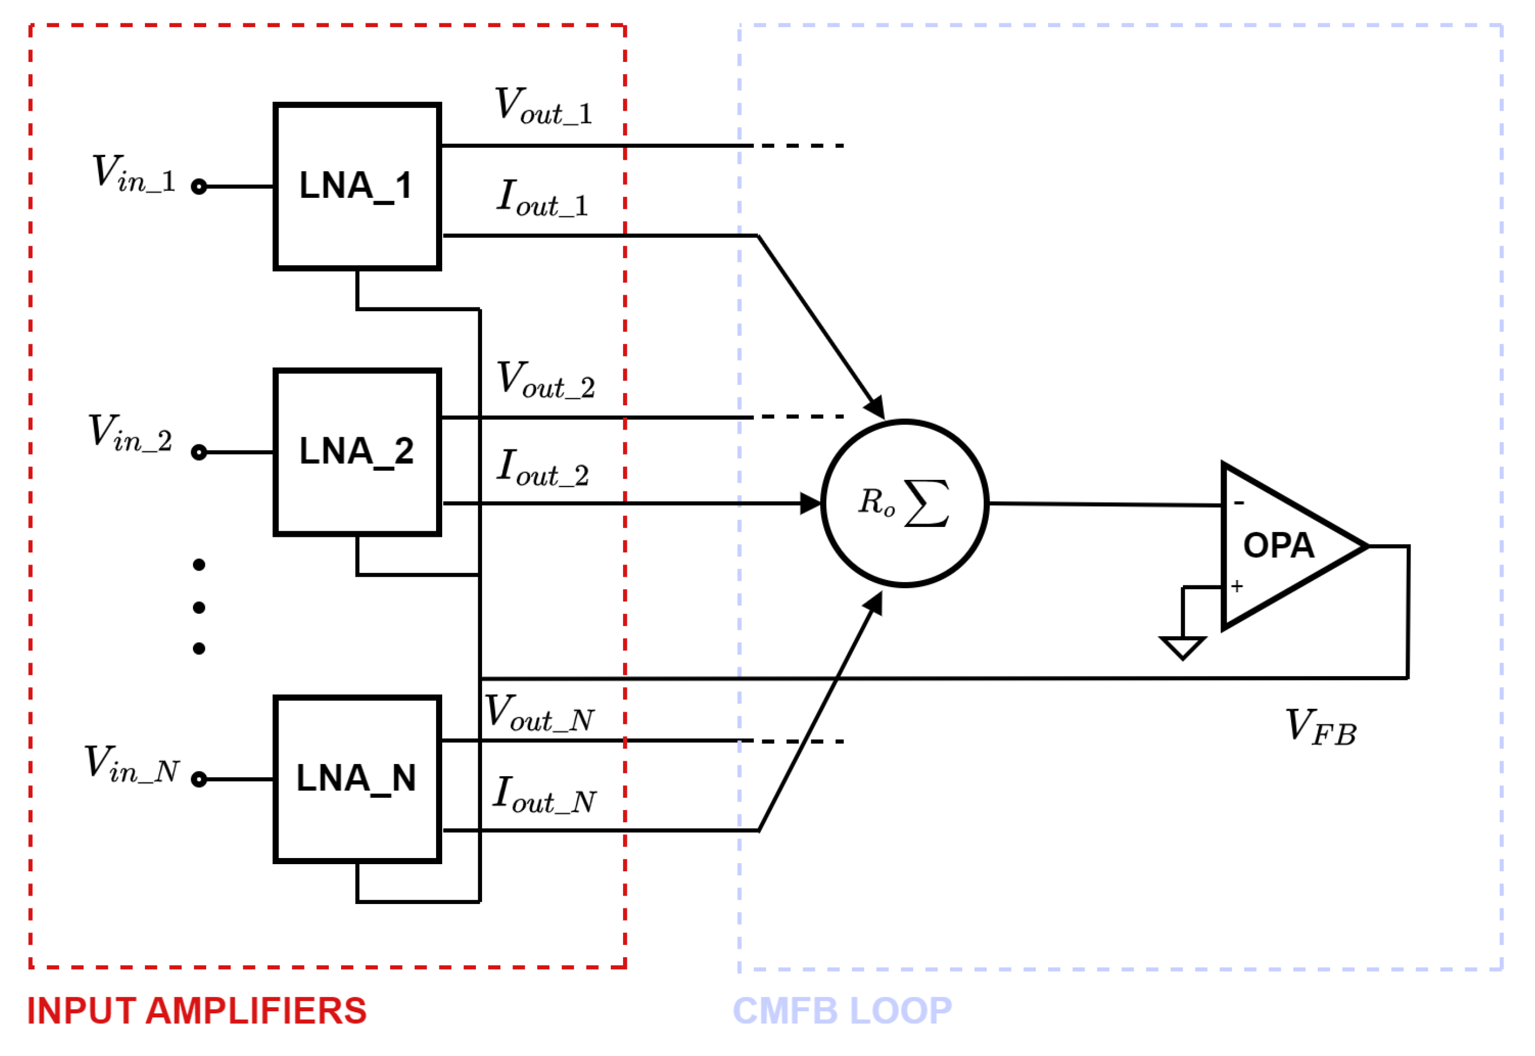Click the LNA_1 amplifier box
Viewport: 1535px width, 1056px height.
[x=357, y=186]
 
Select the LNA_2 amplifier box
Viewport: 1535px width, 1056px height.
[x=357, y=452]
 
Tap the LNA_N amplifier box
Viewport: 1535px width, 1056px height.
[x=357, y=779]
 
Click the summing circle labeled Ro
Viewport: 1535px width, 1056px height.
[x=904, y=503]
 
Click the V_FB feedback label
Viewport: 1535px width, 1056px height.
[x=1321, y=727]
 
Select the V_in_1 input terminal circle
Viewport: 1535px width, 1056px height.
[x=198, y=186]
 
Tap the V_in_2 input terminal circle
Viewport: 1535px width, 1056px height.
[x=198, y=453]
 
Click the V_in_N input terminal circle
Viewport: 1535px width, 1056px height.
[x=198, y=780]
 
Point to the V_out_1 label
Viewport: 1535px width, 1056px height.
[x=543, y=106]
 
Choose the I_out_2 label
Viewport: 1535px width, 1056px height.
[x=543, y=467]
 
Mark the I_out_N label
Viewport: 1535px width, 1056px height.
[x=544, y=794]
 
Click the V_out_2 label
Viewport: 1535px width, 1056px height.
[x=546, y=380]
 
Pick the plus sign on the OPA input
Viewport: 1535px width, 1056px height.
[x=1237, y=585]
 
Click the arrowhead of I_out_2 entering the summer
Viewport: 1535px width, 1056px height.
[x=811, y=503]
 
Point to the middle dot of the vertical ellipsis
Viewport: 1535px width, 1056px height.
[x=198, y=607]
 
